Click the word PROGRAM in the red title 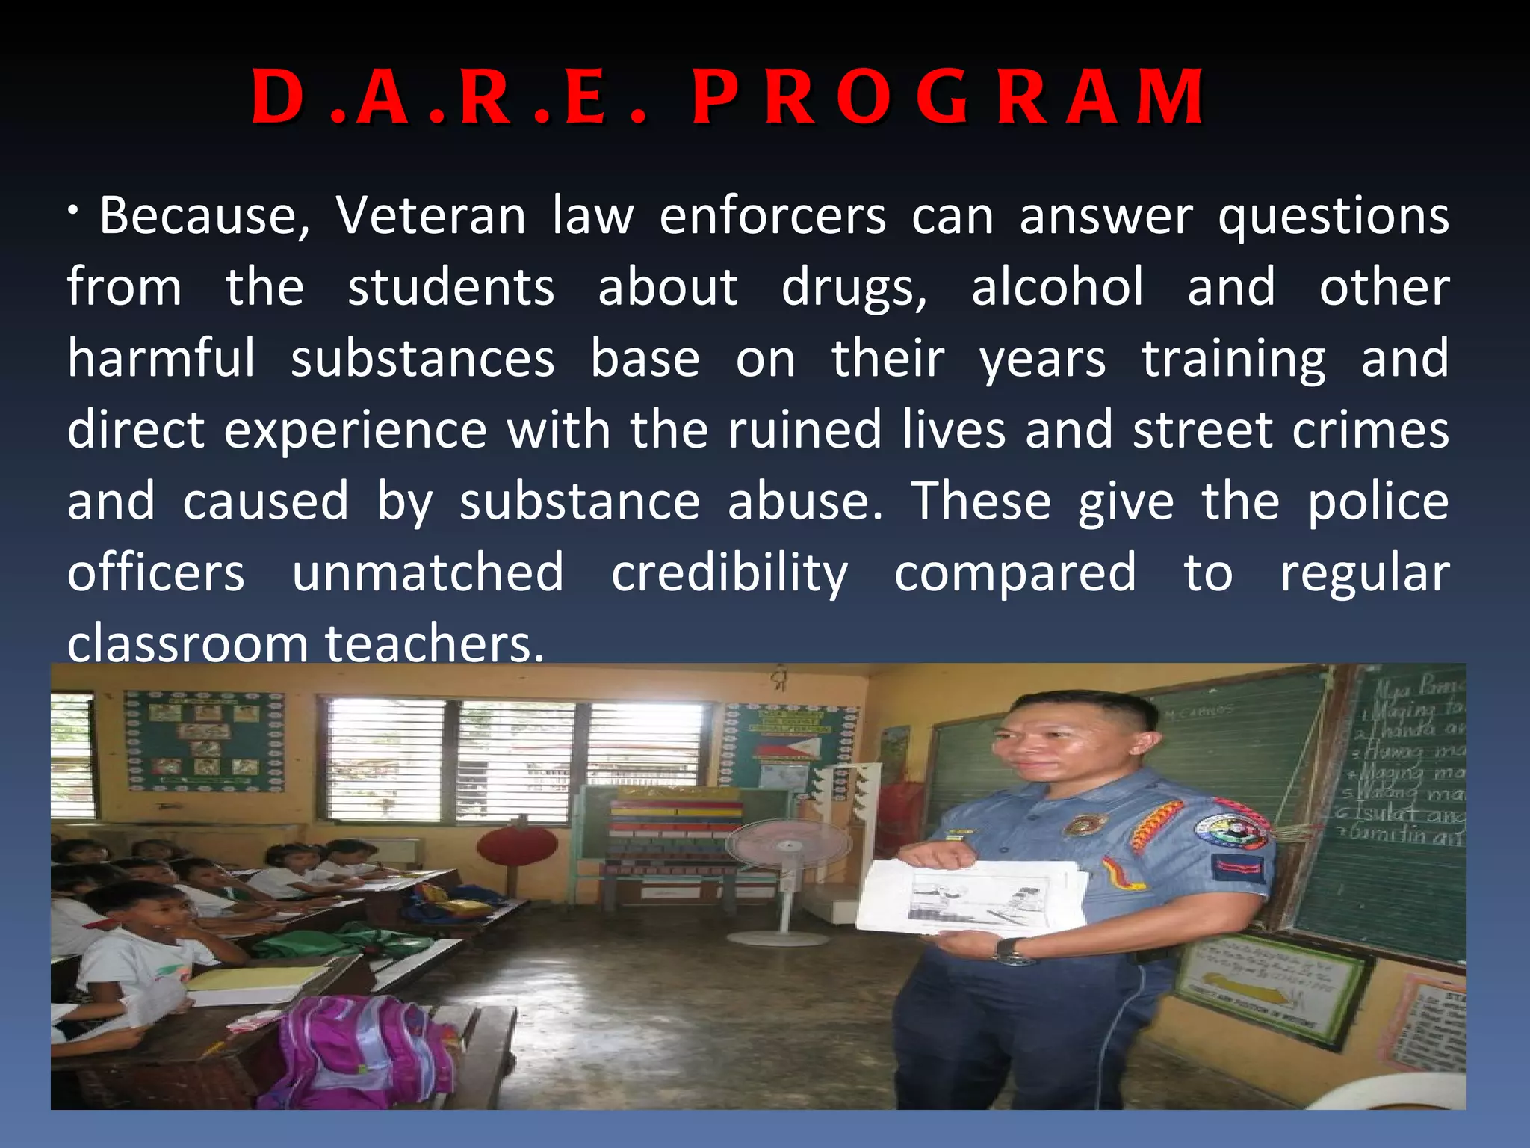tap(947, 97)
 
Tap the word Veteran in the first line tap(430, 216)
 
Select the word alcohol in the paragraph tap(1057, 288)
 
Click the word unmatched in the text tap(427, 573)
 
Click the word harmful tap(161, 358)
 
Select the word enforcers tap(772, 216)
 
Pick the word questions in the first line tap(1333, 216)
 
